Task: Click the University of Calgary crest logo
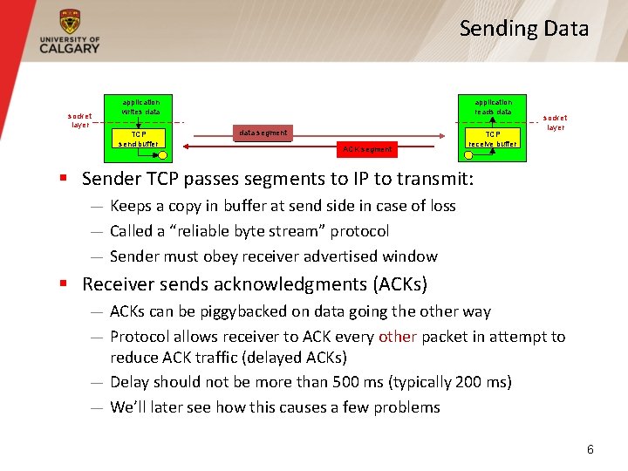[70, 21]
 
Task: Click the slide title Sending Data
[524, 28]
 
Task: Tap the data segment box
[262, 133]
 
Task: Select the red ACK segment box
[367, 149]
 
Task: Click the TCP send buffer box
[140, 140]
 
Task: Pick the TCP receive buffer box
[493, 139]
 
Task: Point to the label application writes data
[140, 106]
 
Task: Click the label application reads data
[493, 106]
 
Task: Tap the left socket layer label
[80, 119]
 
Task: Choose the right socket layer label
[555, 122]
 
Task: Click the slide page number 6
[590, 449]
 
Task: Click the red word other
[397, 337]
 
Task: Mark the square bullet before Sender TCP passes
[63, 179]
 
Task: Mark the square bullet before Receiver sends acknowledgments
[63, 284]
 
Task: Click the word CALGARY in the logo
[70, 49]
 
